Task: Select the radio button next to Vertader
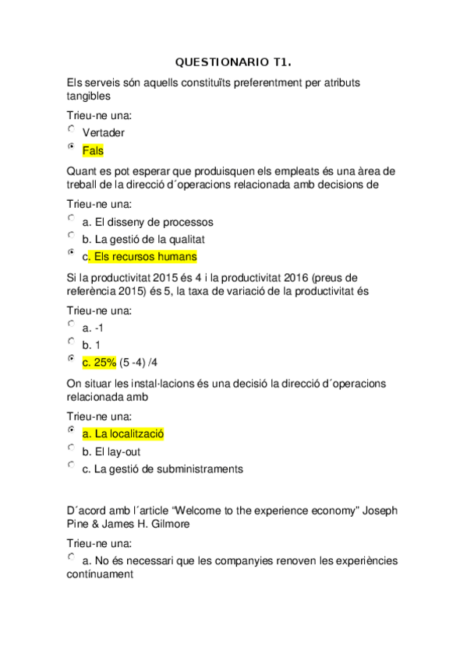pyautogui.click(x=72, y=129)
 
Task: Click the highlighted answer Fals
pyautogui.click(x=92, y=151)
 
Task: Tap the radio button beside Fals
pyautogui.click(x=72, y=147)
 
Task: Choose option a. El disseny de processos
pyautogui.click(x=147, y=222)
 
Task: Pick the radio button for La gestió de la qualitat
pyautogui.click(x=72, y=235)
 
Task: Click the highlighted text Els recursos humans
pyautogui.click(x=143, y=256)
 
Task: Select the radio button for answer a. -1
pyautogui.click(x=72, y=324)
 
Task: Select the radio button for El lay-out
pyautogui.click(x=72, y=448)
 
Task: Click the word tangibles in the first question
pyautogui.click(x=89, y=97)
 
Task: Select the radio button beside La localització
pyautogui.click(x=72, y=430)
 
